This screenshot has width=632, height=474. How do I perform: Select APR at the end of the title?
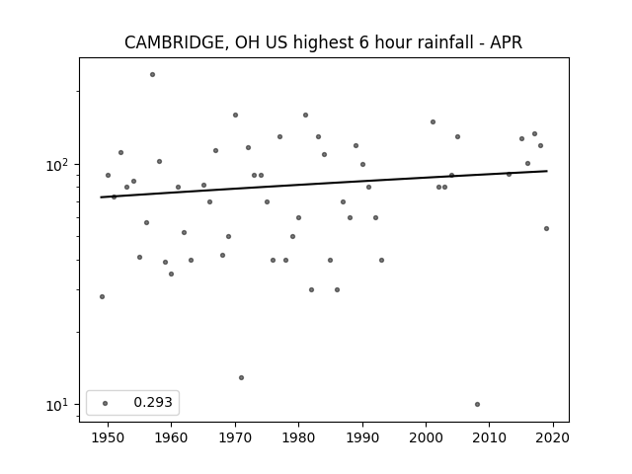(506, 42)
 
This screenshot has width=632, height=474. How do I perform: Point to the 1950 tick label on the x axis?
(108, 437)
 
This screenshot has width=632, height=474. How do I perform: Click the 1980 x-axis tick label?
(298, 437)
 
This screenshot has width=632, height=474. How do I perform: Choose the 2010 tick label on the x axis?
(490, 437)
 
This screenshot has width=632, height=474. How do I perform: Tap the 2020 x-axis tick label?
(553, 437)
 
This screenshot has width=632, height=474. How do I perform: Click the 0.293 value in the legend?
(153, 402)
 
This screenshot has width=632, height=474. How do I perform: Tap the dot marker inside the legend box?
(105, 403)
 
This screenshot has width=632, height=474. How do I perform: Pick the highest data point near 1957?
(152, 75)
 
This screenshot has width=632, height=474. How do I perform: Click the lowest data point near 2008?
(477, 404)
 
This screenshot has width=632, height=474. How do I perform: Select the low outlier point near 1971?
(241, 377)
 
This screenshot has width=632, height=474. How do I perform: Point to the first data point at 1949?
(102, 296)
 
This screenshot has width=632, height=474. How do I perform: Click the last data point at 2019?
(546, 228)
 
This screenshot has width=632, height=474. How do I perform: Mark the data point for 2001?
(433, 121)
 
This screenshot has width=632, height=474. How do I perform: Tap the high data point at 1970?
(235, 115)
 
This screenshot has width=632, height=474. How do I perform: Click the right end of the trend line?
(547, 171)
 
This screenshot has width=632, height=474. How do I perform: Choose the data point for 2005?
(457, 136)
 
